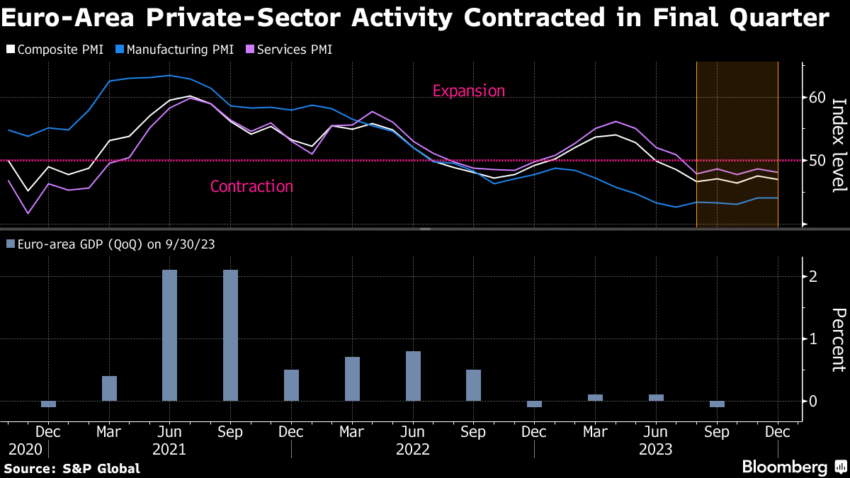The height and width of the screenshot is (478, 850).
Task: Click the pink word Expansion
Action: (x=468, y=91)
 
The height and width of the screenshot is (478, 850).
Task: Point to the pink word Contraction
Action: (x=251, y=186)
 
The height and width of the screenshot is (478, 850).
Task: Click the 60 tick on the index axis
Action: (x=817, y=97)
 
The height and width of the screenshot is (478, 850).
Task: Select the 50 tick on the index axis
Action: (x=817, y=161)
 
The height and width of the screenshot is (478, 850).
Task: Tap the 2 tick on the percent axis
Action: (x=814, y=276)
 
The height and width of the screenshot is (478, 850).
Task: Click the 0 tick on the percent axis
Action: (x=814, y=401)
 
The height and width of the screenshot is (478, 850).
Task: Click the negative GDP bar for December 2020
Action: (x=48, y=404)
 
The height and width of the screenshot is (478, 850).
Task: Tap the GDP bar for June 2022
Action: (x=413, y=376)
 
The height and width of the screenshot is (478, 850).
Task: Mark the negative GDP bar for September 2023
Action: (x=717, y=404)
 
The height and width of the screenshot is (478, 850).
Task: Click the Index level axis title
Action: (x=839, y=144)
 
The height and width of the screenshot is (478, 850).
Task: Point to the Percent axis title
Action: (x=839, y=340)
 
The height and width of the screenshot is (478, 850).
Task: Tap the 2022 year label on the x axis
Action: (x=413, y=449)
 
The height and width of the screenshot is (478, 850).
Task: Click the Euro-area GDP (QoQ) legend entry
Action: (x=110, y=244)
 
